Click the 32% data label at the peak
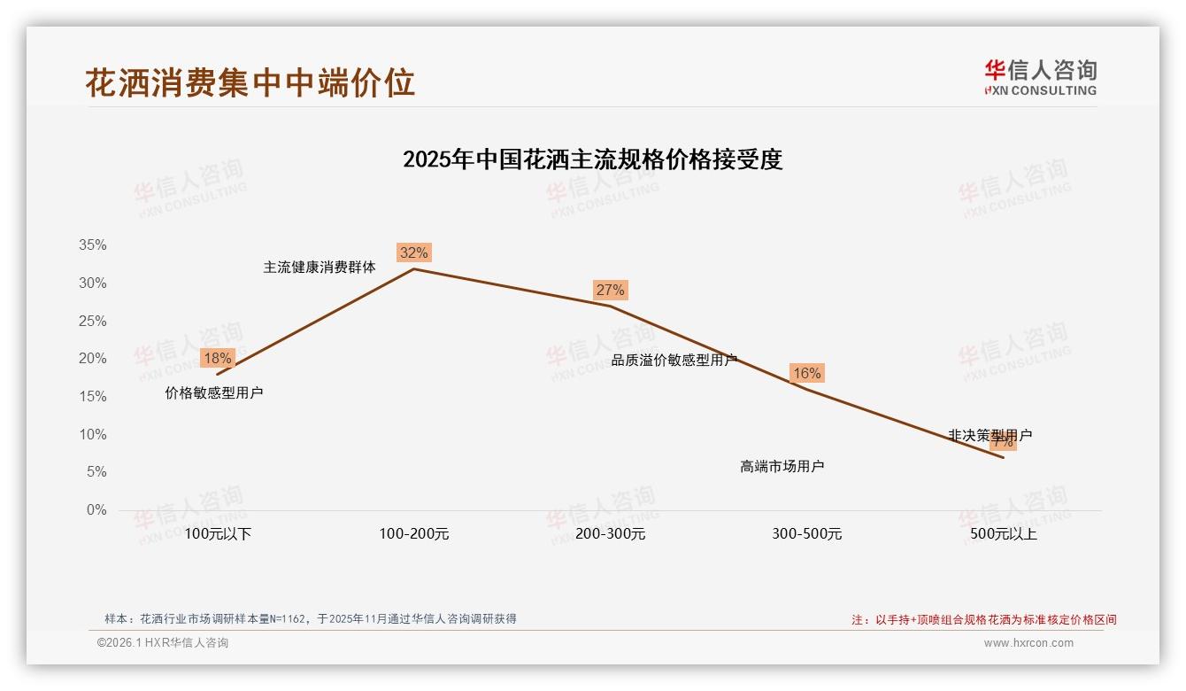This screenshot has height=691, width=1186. pos(413,252)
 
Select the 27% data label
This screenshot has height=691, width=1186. pos(610,290)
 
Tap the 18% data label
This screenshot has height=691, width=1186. pos(217,358)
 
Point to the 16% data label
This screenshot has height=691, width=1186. pos(806,373)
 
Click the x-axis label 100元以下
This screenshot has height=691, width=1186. pos(218,534)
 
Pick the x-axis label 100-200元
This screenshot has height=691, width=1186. pos(414,534)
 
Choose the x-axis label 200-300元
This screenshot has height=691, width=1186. pos(611,534)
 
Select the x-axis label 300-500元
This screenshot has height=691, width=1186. pos(807,534)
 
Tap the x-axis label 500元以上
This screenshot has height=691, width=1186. pos(1004,534)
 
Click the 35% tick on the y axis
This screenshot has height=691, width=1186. pos(91,245)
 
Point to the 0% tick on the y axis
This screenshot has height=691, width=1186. pos(96,510)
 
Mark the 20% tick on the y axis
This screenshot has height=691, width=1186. pos(91,359)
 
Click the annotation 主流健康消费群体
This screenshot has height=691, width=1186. pos(320,267)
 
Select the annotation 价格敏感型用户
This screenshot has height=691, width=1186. pos(214,392)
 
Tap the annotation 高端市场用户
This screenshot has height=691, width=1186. pos(782,466)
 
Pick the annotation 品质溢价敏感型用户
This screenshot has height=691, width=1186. pos(674,360)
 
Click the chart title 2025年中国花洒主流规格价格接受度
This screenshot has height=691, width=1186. pos(592,160)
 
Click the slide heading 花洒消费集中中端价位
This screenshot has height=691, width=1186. pos(250,82)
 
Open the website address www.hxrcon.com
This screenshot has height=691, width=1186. pos(1028,643)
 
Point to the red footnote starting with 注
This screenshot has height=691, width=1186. pos(984,620)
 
